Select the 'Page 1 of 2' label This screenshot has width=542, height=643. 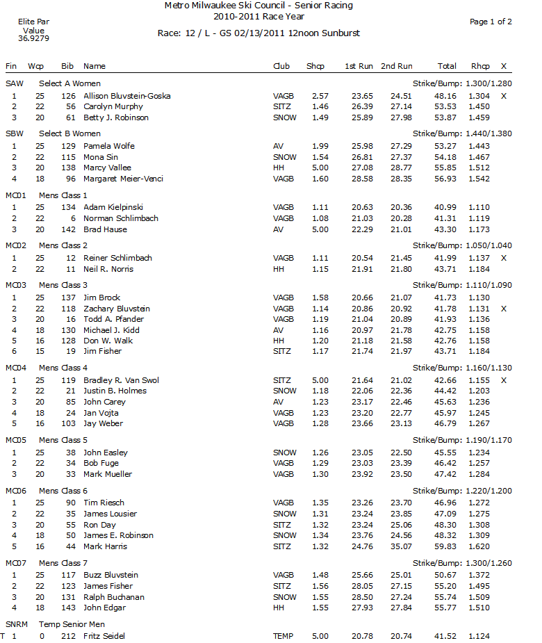(491, 22)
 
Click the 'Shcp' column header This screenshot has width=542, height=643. (315, 66)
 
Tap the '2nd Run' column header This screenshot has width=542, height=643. (396, 66)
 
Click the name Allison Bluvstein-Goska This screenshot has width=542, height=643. (126, 96)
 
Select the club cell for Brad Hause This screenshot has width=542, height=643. (279, 229)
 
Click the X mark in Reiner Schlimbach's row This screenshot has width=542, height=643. (503, 258)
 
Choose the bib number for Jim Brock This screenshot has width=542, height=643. (68, 298)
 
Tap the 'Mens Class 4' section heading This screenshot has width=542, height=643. (63, 368)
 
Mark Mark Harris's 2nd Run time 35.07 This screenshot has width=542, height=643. (401, 546)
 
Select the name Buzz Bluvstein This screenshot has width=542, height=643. (110, 575)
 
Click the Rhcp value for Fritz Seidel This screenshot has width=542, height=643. (479, 636)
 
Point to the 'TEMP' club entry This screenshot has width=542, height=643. (284, 636)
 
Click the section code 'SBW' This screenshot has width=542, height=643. (14, 133)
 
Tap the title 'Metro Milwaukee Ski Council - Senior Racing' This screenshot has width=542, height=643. (258, 6)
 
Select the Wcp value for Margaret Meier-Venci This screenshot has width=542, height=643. (40, 179)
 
